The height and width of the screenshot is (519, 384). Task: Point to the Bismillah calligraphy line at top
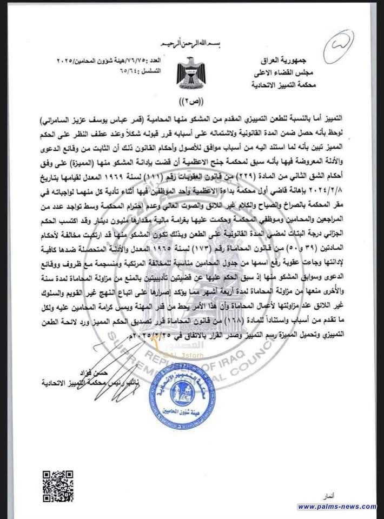[180, 42]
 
